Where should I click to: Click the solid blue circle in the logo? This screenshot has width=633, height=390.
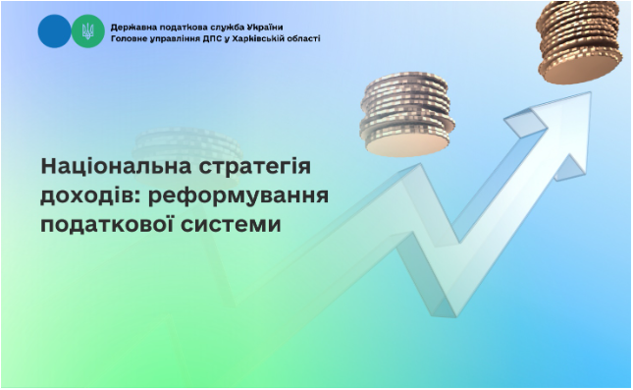click(x=54, y=32)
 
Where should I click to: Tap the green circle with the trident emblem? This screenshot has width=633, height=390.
click(x=85, y=32)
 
